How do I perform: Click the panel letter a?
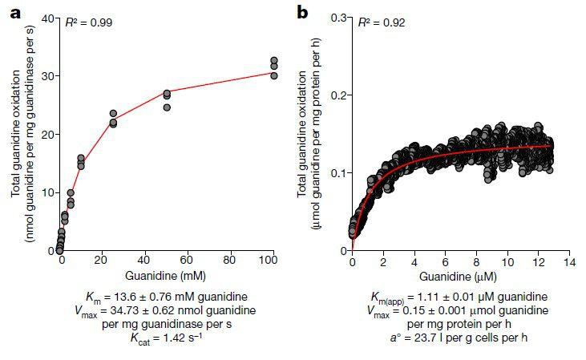pyautogui.click(x=14, y=11)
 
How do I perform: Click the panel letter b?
pyautogui.click(x=303, y=11)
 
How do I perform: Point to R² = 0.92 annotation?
pyautogui.click(x=382, y=22)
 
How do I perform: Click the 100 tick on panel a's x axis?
pyautogui.click(x=273, y=261)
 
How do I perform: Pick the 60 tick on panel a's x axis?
pyautogui.click(x=188, y=261)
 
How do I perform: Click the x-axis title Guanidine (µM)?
pyautogui.click(x=460, y=277)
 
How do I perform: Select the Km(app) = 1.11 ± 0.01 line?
pyautogui.click(x=460, y=296)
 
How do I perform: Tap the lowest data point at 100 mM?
pyautogui.click(x=273, y=76)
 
